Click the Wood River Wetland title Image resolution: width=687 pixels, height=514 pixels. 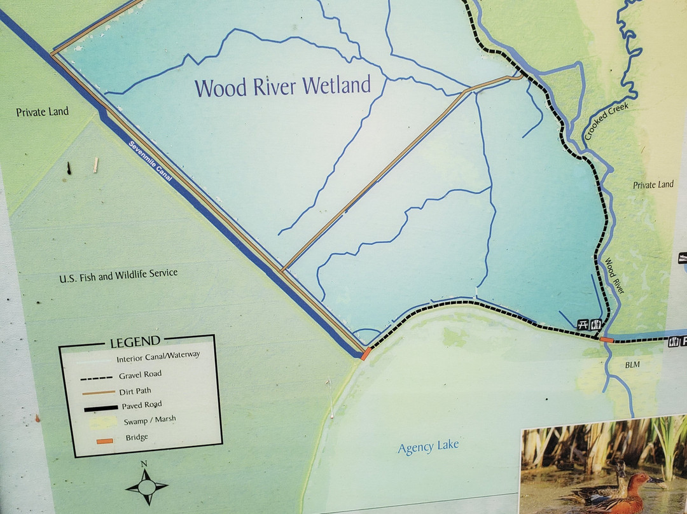[x=282, y=86]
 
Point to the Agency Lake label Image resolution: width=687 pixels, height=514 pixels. [x=427, y=447]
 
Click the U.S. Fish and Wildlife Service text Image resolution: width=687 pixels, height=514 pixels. [x=118, y=276]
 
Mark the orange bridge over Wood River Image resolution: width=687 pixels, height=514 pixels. [x=606, y=340]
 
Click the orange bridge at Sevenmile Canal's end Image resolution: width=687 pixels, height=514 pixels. [x=365, y=354]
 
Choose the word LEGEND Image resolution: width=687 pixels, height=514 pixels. [x=135, y=342]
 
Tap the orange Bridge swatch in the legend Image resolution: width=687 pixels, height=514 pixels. [x=104, y=440]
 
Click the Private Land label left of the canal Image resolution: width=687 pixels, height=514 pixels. [x=42, y=112]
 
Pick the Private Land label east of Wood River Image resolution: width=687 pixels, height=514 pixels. [x=653, y=185]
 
